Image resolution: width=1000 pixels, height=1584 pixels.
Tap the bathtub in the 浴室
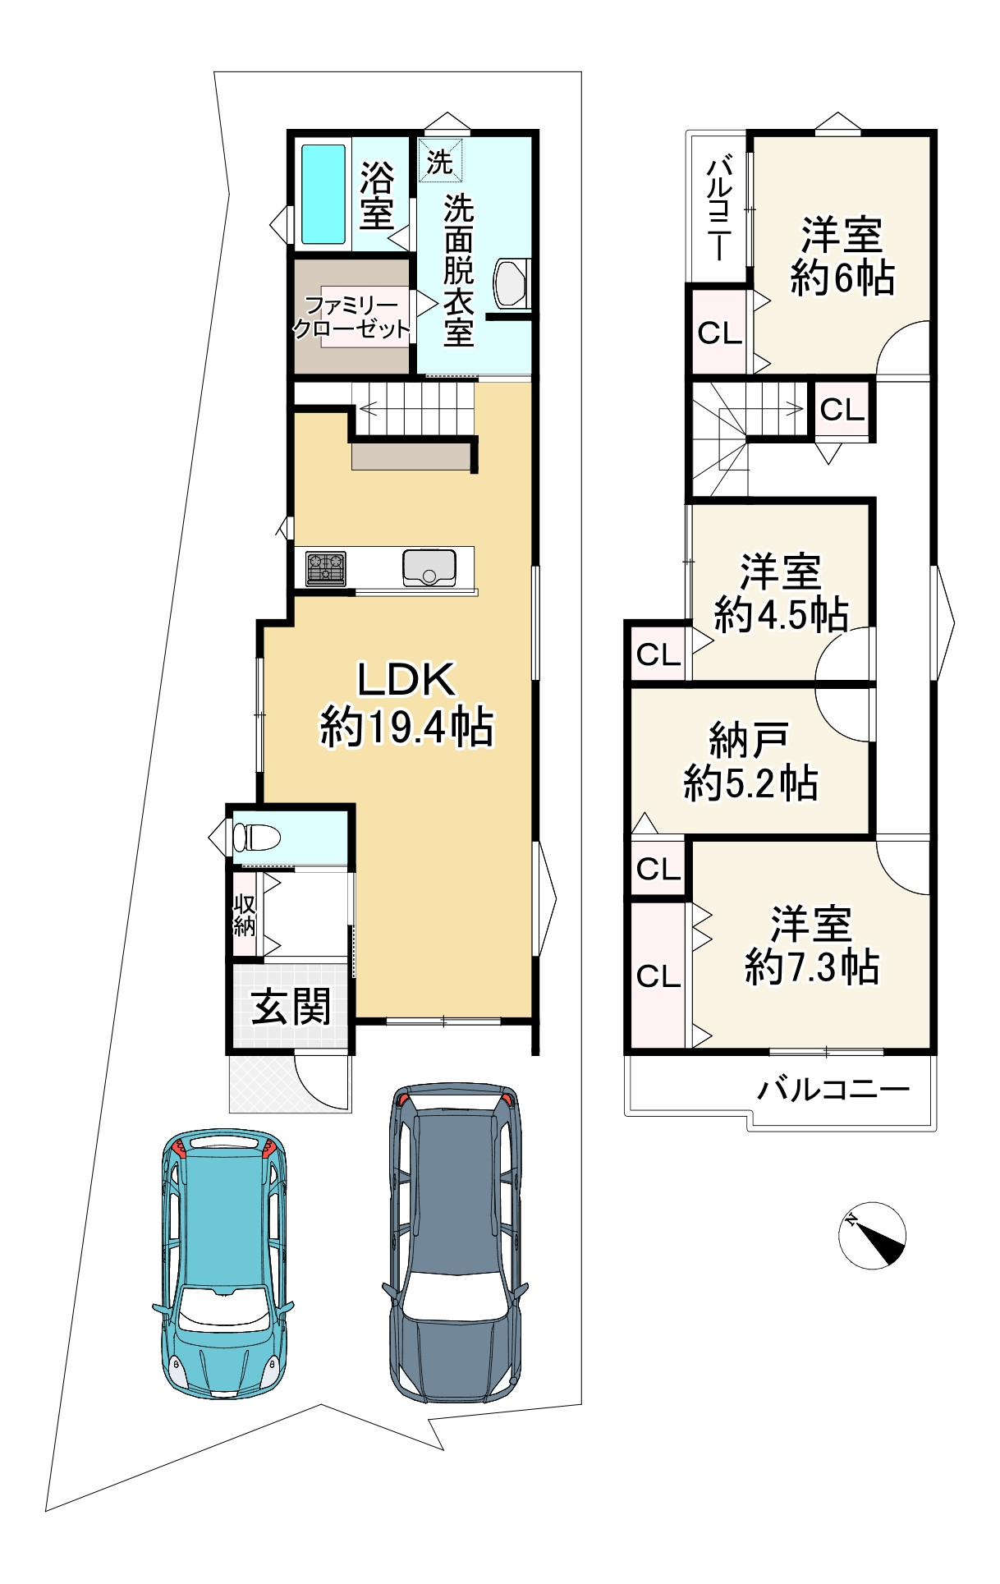(323, 195)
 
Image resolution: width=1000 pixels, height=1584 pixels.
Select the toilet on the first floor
(256, 838)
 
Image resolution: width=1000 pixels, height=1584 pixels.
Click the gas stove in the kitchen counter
(326, 568)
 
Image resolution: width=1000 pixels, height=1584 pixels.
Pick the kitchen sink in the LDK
(429, 567)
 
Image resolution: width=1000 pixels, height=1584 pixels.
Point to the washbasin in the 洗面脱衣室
(511, 282)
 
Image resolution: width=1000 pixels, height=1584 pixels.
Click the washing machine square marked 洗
(440, 161)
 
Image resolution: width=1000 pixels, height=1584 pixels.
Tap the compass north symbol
(872, 1236)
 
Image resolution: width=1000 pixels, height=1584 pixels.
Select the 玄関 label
(291, 1006)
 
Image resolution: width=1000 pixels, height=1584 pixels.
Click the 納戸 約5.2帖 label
(750, 762)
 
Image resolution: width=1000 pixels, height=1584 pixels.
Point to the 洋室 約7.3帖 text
(812, 945)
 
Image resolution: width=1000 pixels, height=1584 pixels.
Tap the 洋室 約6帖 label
(842, 256)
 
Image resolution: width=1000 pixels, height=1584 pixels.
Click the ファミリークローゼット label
(351, 318)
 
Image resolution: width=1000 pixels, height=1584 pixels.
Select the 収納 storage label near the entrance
(245, 915)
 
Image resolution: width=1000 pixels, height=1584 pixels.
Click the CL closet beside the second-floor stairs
(842, 409)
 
